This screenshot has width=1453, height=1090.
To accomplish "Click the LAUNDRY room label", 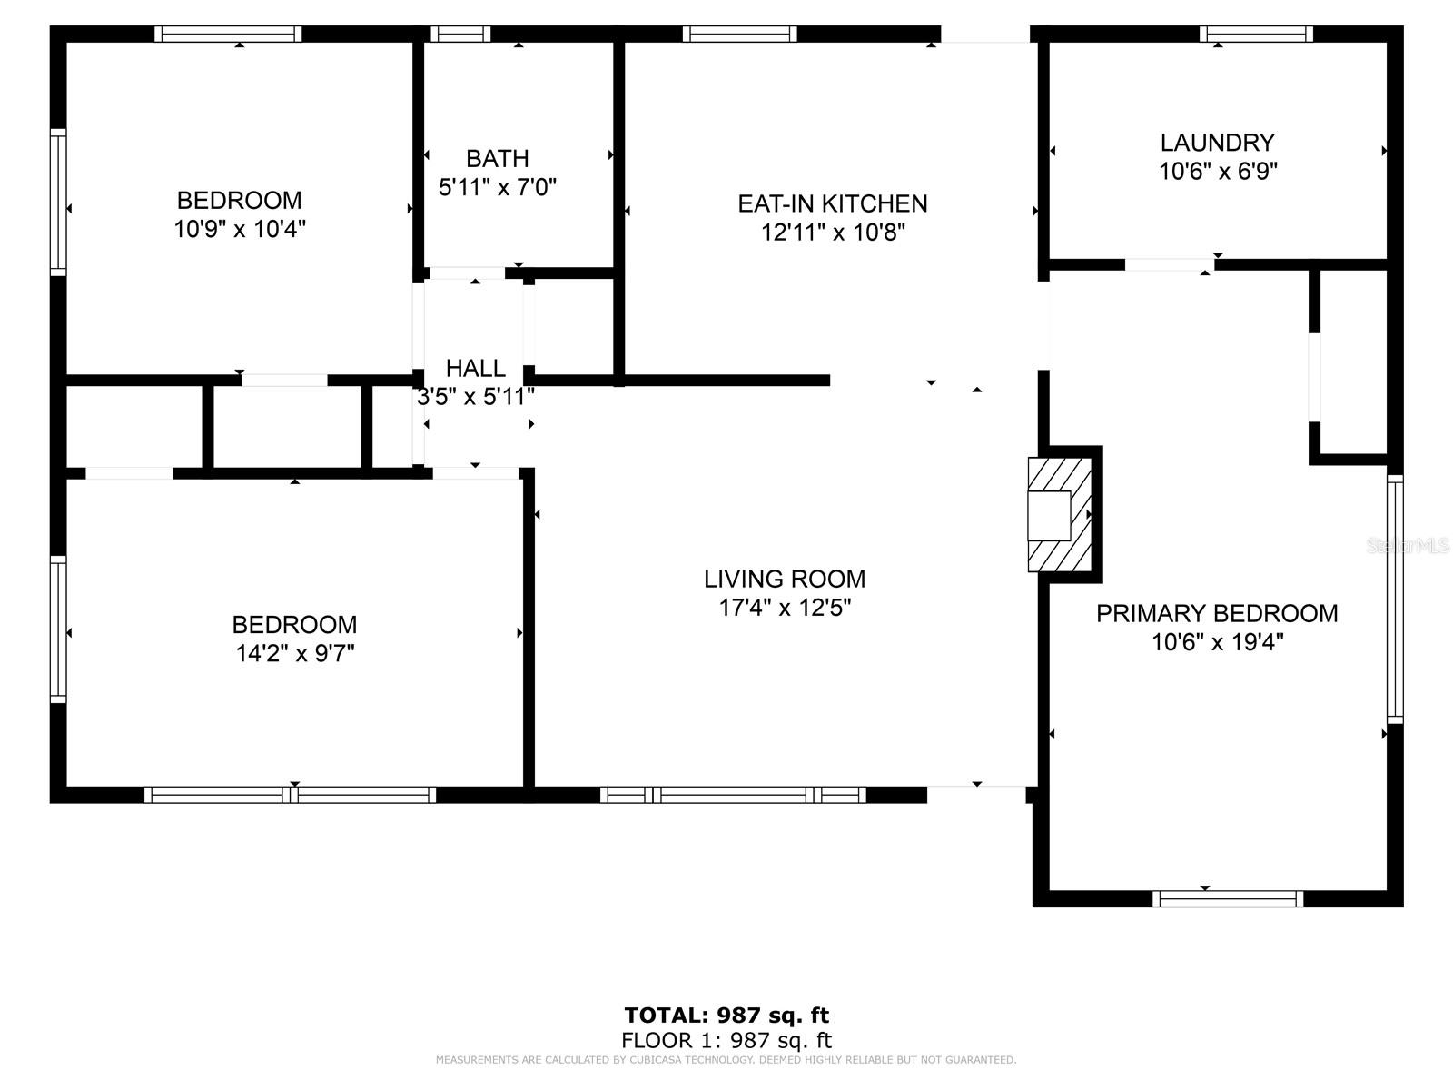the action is pyautogui.click(x=1218, y=143).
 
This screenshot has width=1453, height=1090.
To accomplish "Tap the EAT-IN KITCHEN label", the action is pyautogui.click(x=832, y=203).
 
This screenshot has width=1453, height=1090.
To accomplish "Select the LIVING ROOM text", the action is pyautogui.click(x=785, y=580).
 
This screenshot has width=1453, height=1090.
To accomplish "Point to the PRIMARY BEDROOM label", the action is pyautogui.click(x=1217, y=613).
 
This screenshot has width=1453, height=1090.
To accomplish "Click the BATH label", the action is pyautogui.click(x=497, y=159).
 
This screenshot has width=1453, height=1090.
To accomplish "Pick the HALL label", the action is pyautogui.click(x=475, y=368).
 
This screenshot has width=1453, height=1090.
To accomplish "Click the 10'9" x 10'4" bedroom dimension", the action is pyautogui.click(x=240, y=230).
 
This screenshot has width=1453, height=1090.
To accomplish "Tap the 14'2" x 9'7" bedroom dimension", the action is pyautogui.click(x=294, y=654).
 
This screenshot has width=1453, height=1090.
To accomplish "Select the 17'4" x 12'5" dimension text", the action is pyautogui.click(x=785, y=608).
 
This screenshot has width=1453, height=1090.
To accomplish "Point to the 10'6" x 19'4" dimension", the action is pyautogui.click(x=1218, y=642).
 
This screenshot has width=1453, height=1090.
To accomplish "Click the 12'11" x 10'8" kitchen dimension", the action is pyautogui.click(x=832, y=233).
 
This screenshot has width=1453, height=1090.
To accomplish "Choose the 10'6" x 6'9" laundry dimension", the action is pyautogui.click(x=1218, y=172).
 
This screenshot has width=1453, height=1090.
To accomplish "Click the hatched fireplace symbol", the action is pyautogui.click(x=1059, y=514).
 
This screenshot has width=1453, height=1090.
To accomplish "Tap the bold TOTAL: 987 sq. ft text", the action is pyautogui.click(x=726, y=1016).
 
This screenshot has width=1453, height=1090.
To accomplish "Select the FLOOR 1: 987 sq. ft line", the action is pyautogui.click(x=726, y=1040).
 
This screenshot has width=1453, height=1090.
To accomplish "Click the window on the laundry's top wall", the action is pyautogui.click(x=1257, y=34).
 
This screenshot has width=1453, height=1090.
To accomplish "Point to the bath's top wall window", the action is pyautogui.click(x=460, y=34).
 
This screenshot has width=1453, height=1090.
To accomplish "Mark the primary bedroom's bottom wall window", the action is pyautogui.click(x=1228, y=898).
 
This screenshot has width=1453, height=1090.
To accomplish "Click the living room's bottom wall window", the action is pyautogui.click(x=733, y=795).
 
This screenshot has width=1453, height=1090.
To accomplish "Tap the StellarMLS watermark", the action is pyautogui.click(x=1407, y=546).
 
